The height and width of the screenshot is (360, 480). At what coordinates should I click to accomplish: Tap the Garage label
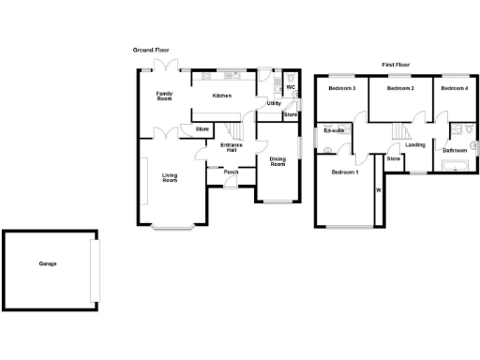48,263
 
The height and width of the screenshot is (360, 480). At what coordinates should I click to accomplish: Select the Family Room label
165,95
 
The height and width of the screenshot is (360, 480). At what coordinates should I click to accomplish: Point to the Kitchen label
221,96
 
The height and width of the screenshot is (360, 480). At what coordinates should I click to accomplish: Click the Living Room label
170,177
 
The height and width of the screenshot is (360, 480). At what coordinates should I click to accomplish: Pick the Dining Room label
277,161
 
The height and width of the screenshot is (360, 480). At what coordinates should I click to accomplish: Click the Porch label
231,172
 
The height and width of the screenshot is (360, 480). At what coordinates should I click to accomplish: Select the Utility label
274,103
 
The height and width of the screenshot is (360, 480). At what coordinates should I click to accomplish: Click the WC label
291,88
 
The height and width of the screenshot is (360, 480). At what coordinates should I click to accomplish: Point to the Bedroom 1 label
344,172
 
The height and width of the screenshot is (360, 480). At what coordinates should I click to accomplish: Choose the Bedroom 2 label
401,88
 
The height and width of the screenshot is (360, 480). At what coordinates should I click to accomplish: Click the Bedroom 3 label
341,88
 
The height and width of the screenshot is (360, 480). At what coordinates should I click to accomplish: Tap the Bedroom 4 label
455,88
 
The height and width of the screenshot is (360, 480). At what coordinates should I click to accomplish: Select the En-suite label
335,130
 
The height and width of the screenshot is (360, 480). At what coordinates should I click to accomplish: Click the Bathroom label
456,150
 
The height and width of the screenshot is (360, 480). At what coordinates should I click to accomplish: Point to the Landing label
415,144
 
